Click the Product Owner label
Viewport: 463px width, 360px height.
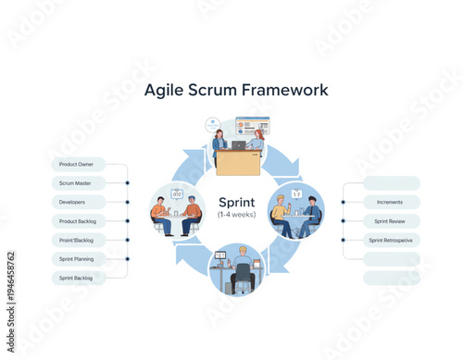pyautogui.click(x=76, y=164)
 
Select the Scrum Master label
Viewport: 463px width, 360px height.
pyautogui.click(x=76, y=183)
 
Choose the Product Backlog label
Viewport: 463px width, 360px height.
pyautogui.click(x=76, y=221)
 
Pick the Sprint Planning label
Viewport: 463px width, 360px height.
pyautogui.click(x=76, y=259)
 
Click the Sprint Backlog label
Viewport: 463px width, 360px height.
pyautogui.click(x=76, y=278)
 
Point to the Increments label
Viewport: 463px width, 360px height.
pyautogui.click(x=389, y=202)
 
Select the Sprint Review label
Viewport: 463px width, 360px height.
pyautogui.click(x=389, y=221)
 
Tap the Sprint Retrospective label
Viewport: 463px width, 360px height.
pyautogui.click(x=391, y=240)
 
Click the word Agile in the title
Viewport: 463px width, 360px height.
pyautogui.click(x=167, y=91)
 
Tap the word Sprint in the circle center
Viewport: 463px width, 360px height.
pyautogui.click(x=236, y=202)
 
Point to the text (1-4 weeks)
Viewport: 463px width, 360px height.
pyautogui.click(x=236, y=215)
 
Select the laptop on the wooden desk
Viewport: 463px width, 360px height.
pyautogui.click(x=238, y=145)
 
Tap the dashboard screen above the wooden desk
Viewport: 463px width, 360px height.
pyautogui.click(x=253, y=125)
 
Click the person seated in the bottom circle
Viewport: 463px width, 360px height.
pyautogui.click(x=243, y=267)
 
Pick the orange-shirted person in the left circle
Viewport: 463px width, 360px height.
pyautogui.click(x=159, y=212)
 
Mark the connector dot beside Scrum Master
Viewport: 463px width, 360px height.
pyautogui.click(x=127, y=183)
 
